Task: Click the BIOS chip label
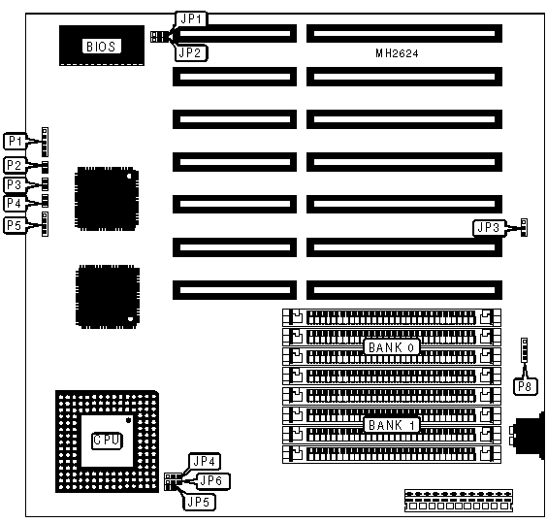click(102, 46)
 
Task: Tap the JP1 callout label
click(191, 18)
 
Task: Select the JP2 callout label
click(190, 53)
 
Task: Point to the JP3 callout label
click(489, 228)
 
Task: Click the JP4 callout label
click(205, 461)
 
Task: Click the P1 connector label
click(15, 141)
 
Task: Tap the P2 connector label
click(15, 165)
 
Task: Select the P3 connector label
click(15, 184)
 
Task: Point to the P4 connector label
click(15, 203)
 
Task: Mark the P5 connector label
click(15, 225)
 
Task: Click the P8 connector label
click(525, 386)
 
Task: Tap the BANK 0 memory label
click(392, 347)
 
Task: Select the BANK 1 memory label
click(392, 425)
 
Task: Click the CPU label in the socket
click(107, 440)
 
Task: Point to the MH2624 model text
click(397, 53)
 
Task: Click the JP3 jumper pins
click(524, 227)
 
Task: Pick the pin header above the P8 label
click(524, 350)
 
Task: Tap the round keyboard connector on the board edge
click(529, 433)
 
